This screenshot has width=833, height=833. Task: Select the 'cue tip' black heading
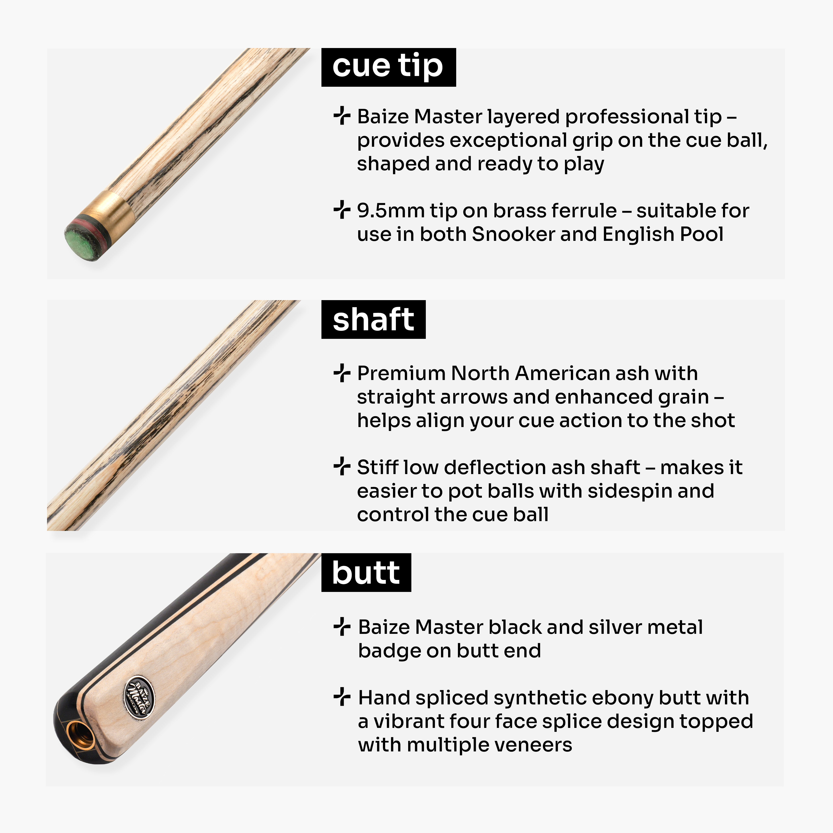pos(389,67)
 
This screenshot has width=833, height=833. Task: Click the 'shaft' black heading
pos(373,319)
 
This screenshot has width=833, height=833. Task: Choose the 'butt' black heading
pos(366,573)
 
